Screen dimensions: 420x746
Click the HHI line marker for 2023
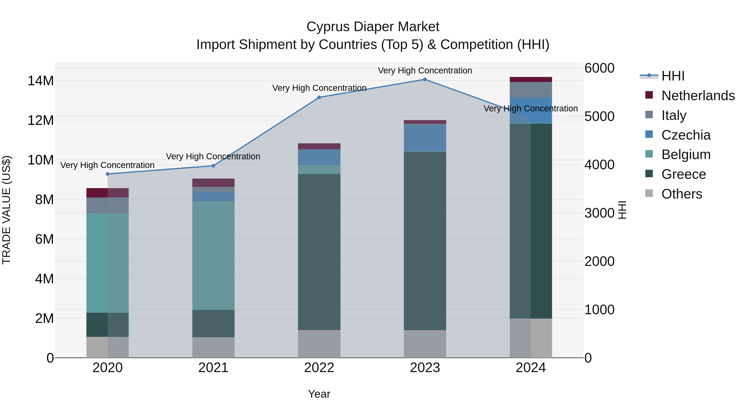click(425, 79)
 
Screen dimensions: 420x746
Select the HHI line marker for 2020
click(108, 174)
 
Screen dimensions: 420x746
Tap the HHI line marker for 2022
click(319, 97)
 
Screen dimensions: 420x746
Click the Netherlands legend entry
click(698, 96)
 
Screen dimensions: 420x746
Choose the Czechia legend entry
click(686, 135)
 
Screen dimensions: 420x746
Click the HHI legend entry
click(673, 76)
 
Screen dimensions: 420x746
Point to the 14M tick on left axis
click(41, 81)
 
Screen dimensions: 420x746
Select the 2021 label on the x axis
click(213, 368)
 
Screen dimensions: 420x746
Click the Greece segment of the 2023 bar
click(425, 241)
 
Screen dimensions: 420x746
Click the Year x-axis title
click(319, 394)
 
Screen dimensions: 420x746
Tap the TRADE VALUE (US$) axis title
click(6, 210)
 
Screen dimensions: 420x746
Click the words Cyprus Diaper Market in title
click(373, 27)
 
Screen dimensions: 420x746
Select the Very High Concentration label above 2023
click(425, 71)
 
